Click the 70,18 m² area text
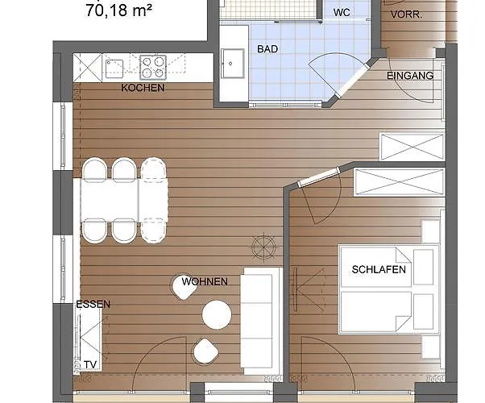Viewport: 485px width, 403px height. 118,11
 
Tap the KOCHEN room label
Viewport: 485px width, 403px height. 143,88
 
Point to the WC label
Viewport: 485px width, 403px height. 341,14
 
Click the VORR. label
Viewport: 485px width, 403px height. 406,15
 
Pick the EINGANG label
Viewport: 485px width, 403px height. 410,76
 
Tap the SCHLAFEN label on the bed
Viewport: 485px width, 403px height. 379,269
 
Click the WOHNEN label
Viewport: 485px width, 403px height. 204,282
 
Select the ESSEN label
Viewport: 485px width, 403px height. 93,305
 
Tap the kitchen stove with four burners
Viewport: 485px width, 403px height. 152,66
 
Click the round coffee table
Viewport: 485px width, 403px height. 217,314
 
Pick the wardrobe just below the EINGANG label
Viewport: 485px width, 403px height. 412,147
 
